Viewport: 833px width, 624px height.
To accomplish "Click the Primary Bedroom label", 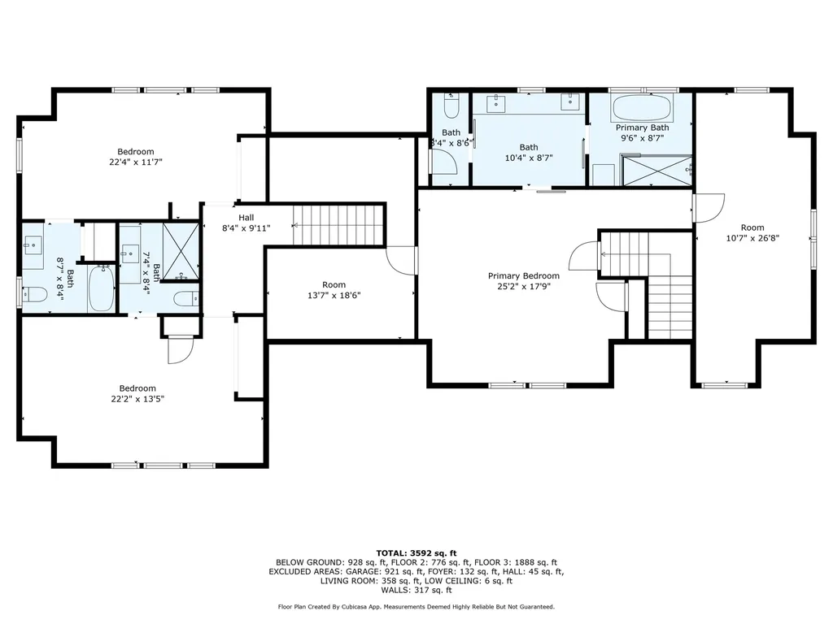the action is [523, 276].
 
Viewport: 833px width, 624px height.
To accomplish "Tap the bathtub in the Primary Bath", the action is [643, 108].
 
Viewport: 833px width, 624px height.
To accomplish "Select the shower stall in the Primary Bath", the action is [657, 171].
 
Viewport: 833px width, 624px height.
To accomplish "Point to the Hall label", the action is [246, 218].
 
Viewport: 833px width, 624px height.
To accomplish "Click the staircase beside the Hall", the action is [338, 225].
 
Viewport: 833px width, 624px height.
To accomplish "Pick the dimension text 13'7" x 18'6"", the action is [334, 296].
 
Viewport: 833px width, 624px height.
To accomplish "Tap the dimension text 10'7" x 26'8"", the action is [752, 238].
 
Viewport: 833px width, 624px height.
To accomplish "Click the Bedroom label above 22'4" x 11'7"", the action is [136, 152].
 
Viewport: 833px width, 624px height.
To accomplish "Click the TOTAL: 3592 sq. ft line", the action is [416, 552].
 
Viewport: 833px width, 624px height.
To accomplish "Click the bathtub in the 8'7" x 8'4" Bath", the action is [101, 288].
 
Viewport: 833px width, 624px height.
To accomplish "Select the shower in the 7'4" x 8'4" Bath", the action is [181, 251].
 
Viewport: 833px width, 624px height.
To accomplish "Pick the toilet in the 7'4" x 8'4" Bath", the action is [186, 299].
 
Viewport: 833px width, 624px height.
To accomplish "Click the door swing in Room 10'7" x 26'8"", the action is [709, 208].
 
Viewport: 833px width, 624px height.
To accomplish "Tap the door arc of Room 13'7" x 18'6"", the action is [400, 261].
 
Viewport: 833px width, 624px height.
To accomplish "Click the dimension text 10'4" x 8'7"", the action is [529, 158].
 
